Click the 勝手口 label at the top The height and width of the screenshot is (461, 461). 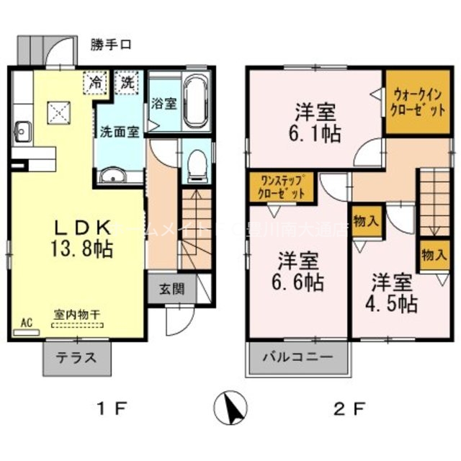click(x=111, y=45)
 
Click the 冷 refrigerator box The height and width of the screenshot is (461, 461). click(x=95, y=83)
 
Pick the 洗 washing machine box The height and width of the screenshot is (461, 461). click(x=127, y=83)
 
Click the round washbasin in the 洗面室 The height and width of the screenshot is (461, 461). click(x=112, y=177)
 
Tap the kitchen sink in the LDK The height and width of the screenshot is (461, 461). click(x=21, y=132)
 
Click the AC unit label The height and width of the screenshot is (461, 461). click(x=27, y=322)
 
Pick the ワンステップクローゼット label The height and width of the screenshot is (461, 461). click(x=282, y=187)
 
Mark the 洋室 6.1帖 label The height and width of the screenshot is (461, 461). click(x=315, y=123)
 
